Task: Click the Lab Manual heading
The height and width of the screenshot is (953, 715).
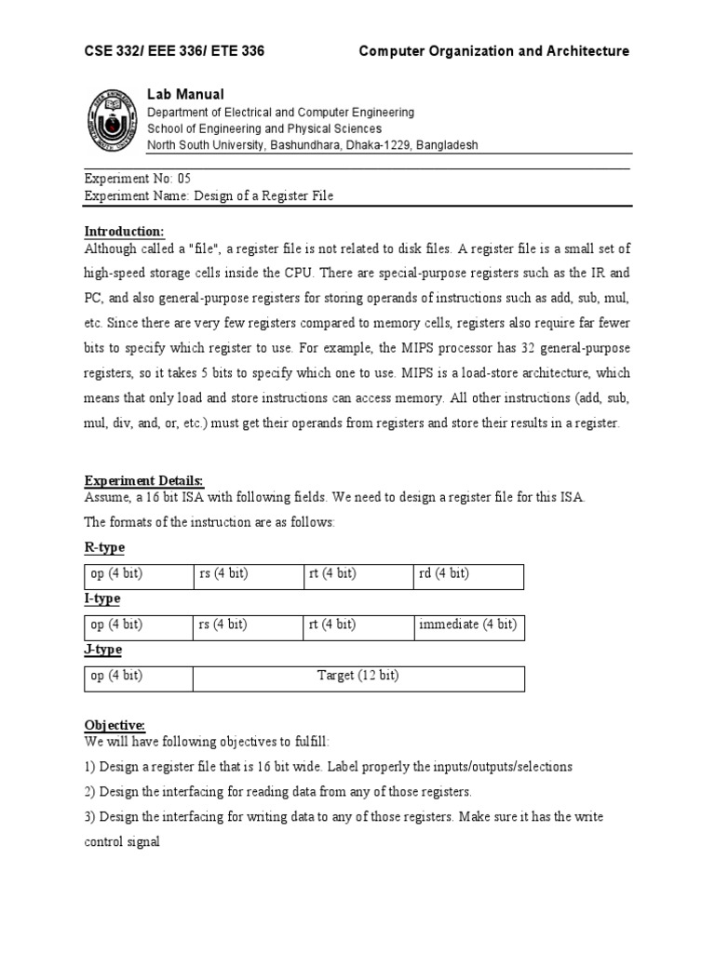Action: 185,95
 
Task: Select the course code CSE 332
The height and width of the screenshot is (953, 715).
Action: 115,51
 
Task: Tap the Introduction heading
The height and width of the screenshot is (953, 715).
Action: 125,231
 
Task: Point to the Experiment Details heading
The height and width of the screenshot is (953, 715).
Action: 144,480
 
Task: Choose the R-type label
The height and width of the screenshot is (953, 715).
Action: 104,547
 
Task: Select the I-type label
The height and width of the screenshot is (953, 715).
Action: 102,598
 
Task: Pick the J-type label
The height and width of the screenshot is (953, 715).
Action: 103,650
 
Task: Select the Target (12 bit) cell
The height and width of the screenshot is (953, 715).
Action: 358,676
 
